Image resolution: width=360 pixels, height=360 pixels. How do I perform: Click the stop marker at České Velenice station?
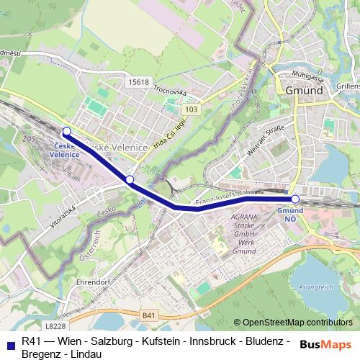[x=66, y=131]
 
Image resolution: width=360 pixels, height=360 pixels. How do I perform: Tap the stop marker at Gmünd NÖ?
[x=294, y=199]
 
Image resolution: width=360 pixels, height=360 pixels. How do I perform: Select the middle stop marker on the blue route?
[x=130, y=179]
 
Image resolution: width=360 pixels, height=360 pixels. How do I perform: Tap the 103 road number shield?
[x=191, y=109]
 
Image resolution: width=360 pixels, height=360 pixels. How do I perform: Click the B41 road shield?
[x=148, y=315]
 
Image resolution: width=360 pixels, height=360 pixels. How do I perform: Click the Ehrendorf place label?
[x=91, y=283]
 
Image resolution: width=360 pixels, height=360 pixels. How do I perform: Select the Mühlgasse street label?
[x=305, y=75]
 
